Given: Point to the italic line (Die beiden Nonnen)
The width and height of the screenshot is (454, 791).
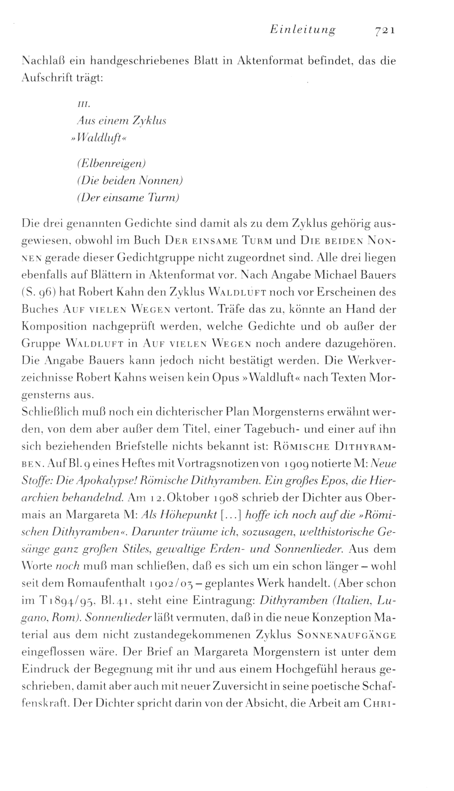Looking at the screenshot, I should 130,181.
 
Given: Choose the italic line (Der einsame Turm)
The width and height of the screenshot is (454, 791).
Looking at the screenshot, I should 128,198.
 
